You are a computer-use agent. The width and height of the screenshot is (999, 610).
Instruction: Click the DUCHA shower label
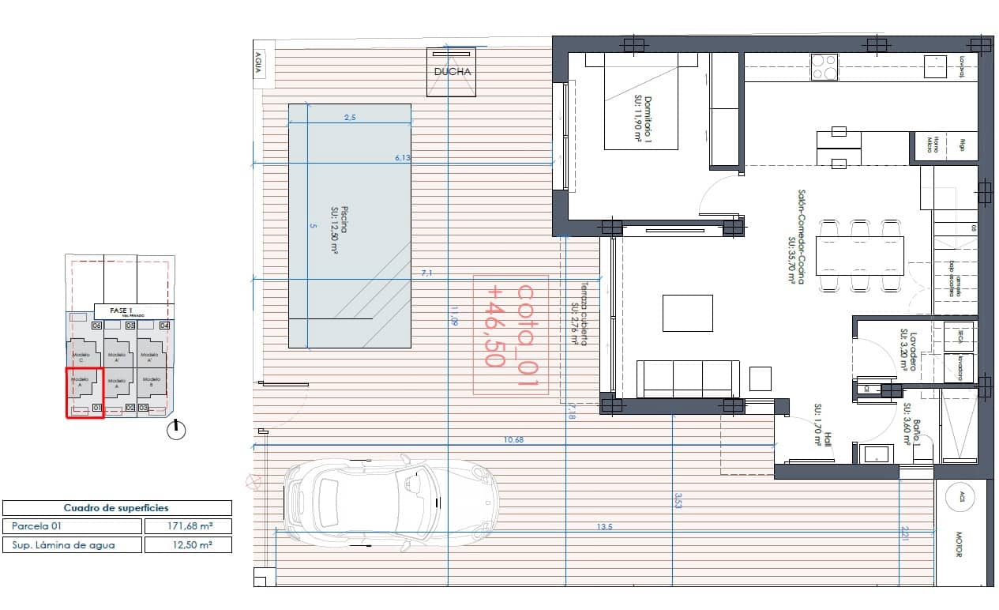[x=453, y=72]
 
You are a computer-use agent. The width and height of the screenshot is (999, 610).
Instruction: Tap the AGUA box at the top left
[x=257, y=64]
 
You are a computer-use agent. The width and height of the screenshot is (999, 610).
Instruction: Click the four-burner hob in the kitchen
[x=824, y=66]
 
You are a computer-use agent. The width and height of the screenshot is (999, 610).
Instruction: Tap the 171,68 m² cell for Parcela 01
[x=188, y=525]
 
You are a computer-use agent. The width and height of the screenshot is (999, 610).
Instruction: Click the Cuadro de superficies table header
[x=117, y=508]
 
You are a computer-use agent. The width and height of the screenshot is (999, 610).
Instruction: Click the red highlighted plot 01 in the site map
[x=84, y=392]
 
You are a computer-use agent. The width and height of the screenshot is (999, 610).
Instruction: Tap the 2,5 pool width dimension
[x=350, y=118]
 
